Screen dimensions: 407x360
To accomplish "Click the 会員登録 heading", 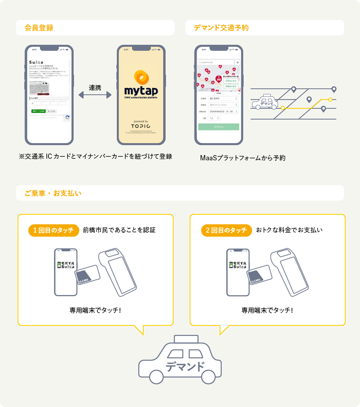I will coord(39,28).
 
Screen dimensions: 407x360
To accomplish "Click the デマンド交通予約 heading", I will coord(221,28).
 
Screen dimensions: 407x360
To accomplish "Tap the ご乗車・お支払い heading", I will coord(53,193).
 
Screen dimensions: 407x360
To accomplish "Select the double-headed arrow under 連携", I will coord(95,95).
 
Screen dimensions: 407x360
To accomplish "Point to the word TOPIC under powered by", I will coord(140,126).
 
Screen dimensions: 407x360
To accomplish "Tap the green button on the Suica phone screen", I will coord(38,111).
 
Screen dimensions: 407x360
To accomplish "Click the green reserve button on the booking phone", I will coord(218,127).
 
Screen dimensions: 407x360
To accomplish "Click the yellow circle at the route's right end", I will coord(330,99).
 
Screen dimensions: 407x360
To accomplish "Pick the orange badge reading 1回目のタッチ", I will coord(54,230).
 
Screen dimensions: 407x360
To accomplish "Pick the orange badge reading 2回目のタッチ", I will coord(226,230).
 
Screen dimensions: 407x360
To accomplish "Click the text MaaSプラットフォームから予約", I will coord(242,158).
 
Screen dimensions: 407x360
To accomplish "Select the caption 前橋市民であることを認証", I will coord(119,230).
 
